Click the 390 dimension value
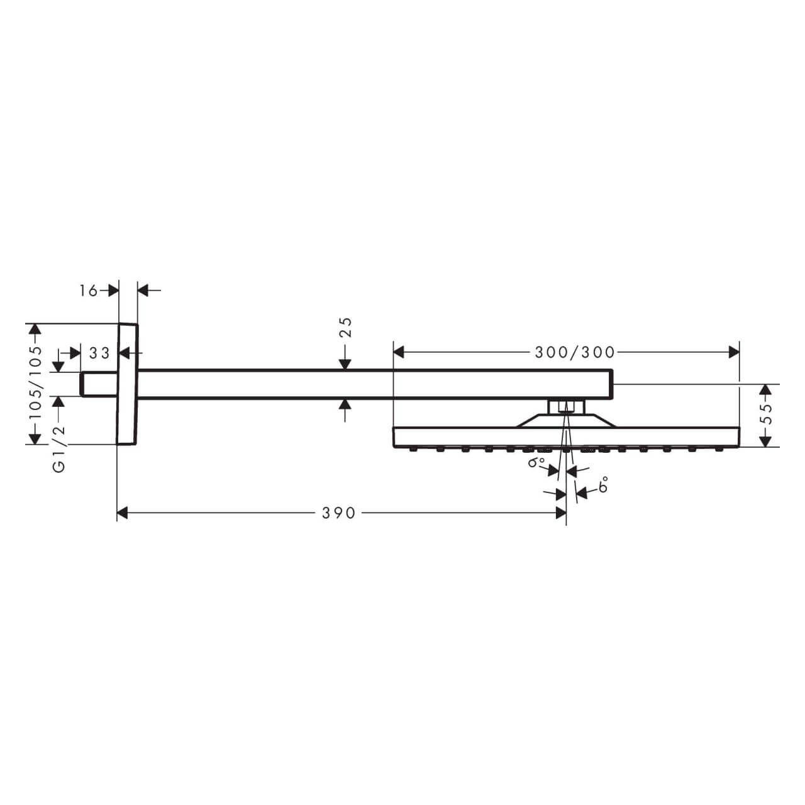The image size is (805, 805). coord(339,513)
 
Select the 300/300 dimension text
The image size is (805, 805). coord(574,352)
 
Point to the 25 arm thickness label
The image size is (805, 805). coord(345,328)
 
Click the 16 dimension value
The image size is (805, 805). coord(89,290)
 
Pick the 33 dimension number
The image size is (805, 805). coord(99,353)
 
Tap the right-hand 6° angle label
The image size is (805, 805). coord(603,485)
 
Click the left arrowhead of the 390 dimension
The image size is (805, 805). coord(123,513)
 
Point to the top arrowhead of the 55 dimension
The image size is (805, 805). coord(765,390)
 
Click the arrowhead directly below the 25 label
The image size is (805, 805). coord(345,364)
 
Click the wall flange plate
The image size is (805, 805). coord(127,384)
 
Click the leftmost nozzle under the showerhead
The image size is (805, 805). coord(413,449)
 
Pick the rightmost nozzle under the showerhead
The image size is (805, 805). coord(719,449)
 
